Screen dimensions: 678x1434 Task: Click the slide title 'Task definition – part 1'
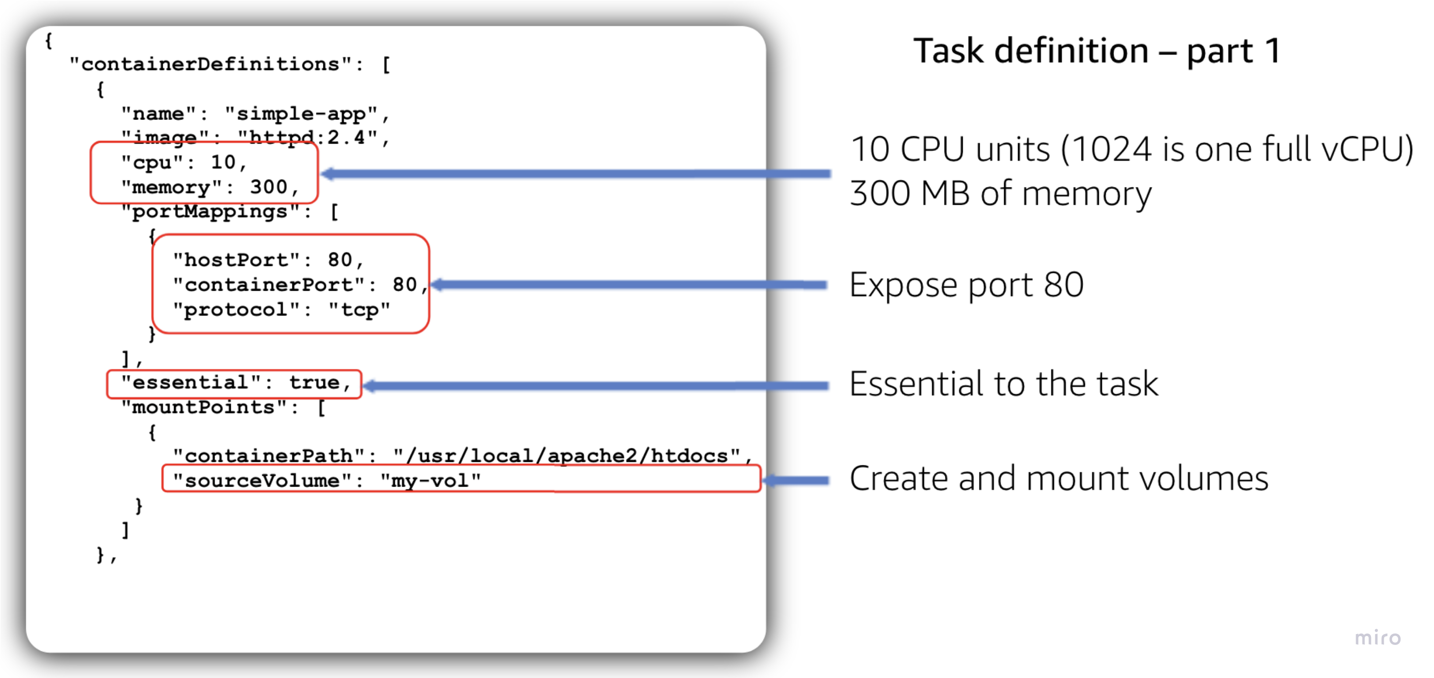tap(1097, 51)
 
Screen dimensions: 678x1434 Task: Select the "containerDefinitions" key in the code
tap(210, 65)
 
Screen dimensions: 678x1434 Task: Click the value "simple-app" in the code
tap(301, 113)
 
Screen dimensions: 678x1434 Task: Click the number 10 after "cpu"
tap(223, 162)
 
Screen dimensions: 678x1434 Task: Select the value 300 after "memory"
tap(268, 187)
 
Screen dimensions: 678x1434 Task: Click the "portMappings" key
tap(211, 212)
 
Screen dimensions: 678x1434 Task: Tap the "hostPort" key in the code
tap(236, 260)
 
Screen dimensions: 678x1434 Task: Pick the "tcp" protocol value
tap(358, 309)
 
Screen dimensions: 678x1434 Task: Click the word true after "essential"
tap(314, 383)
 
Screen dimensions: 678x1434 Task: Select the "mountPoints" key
tap(203, 407)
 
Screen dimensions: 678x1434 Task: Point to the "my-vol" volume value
tap(430, 480)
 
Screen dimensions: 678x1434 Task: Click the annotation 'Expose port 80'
tap(966, 285)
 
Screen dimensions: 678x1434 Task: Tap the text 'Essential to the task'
tap(1003, 384)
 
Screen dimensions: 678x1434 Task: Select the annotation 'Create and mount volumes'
tap(1058, 479)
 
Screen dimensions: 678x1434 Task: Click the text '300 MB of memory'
tap(1000, 194)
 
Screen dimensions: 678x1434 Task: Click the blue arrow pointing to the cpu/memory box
tap(576, 174)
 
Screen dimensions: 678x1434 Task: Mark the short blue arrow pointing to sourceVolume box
tap(796, 480)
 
